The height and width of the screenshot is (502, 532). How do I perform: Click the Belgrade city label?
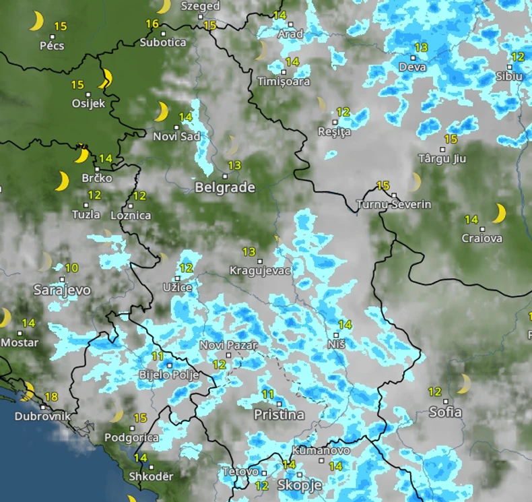(225, 187)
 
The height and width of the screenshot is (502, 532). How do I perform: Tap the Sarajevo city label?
(62, 290)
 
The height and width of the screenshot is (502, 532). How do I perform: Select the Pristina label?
(279, 415)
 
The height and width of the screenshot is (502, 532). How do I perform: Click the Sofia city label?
(446, 412)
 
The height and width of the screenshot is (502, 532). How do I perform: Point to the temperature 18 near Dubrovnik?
(51, 397)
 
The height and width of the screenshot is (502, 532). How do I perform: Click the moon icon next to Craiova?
(498, 214)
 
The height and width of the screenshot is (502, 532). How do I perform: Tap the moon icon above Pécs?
(36, 22)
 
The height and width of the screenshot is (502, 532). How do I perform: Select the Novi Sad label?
(176, 137)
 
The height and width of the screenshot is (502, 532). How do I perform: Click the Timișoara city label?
(284, 82)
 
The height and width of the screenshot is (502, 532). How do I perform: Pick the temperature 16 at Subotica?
(152, 24)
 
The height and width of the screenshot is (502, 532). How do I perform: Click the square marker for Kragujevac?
(259, 261)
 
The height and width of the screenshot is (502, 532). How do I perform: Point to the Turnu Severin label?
(394, 204)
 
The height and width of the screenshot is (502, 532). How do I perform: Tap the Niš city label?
(336, 344)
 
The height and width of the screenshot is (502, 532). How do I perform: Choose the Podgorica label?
(131, 438)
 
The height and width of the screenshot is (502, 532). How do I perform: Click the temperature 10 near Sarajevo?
(71, 268)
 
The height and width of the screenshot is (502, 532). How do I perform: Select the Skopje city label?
(299, 485)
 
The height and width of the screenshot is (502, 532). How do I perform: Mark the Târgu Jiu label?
(442, 159)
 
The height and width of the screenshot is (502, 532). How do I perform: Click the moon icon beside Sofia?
(463, 384)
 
